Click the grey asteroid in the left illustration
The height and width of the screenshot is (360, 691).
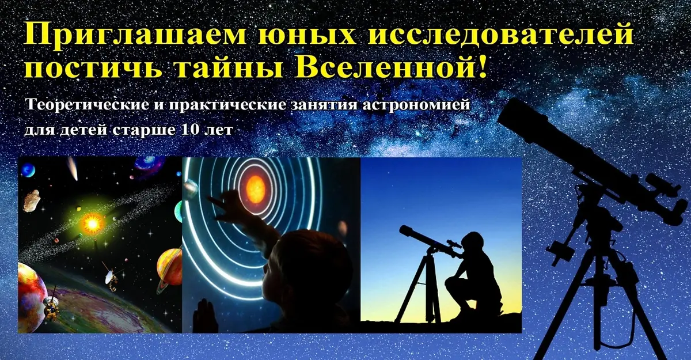pos(32,200)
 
